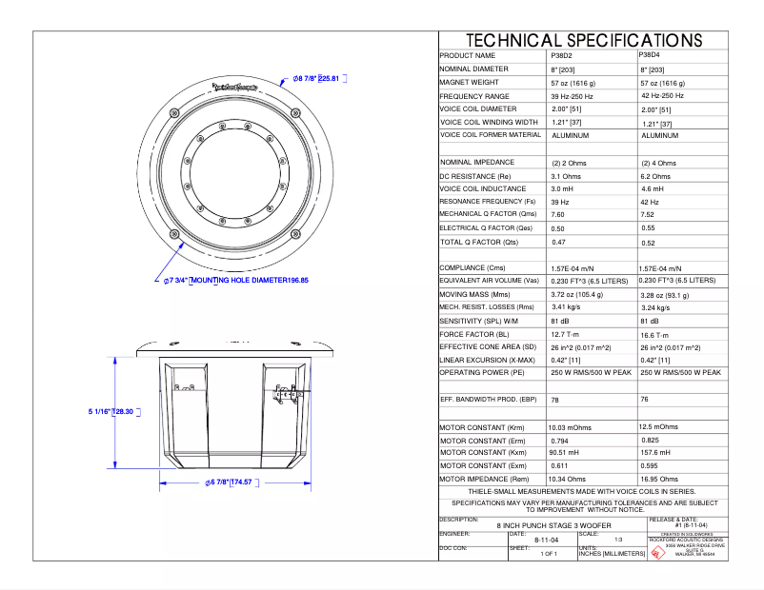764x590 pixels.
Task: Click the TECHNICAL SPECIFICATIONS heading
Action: click(583, 41)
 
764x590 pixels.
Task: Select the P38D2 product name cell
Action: click(563, 56)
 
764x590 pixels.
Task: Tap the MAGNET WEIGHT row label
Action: click(474, 84)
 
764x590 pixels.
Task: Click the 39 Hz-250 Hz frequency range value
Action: click(572, 97)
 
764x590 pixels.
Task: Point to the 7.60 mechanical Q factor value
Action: click(557, 215)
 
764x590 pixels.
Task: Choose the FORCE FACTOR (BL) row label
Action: click(474, 335)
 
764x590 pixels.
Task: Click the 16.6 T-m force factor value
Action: click(658, 335)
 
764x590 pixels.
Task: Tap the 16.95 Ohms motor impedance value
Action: click(659, 480)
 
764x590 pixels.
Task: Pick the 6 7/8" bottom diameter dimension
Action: click(233, 482)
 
